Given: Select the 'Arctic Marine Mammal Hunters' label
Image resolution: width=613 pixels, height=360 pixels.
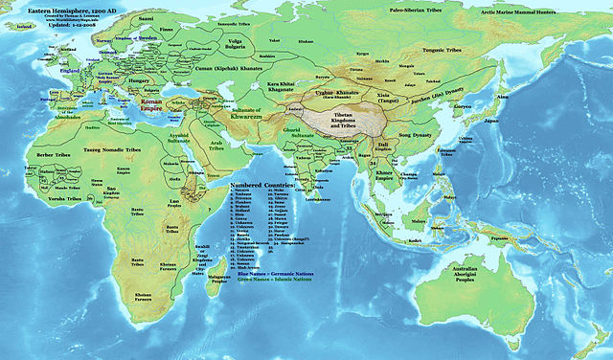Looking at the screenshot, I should (552, 13).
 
